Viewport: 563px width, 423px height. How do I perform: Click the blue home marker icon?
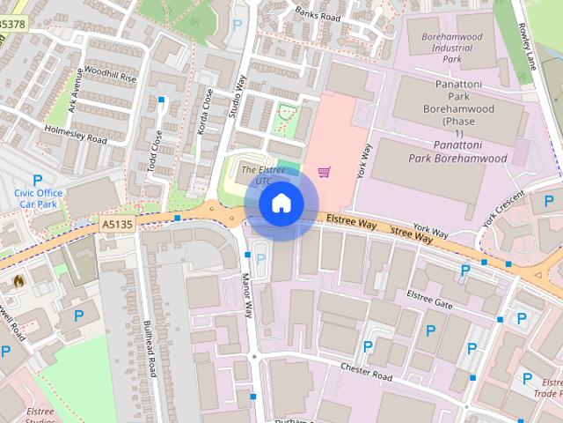[x=281, y=204]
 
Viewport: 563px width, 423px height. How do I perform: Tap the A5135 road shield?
[x=117, y=225]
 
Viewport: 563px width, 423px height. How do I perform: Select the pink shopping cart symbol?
[x=325, y=171]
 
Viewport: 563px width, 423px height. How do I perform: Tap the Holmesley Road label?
[x=76, y=134]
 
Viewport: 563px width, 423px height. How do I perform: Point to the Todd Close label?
[x=157, y=150]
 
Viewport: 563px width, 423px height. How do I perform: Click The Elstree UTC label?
[x=263, y=174]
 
